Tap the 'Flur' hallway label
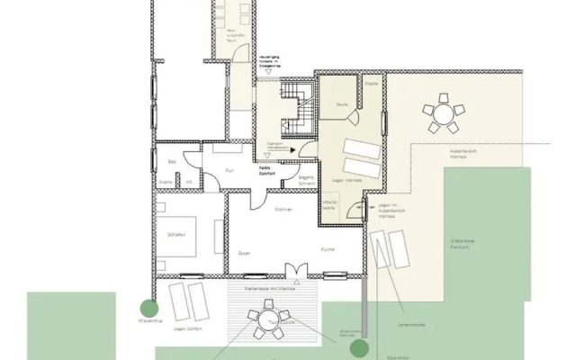coord(229,166)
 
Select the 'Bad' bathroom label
coord(170,161)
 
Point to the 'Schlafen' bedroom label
coord(175,235)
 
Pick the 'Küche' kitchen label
coord(328,247)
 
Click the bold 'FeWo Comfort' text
coord(267,168)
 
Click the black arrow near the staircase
coord(292,151)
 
